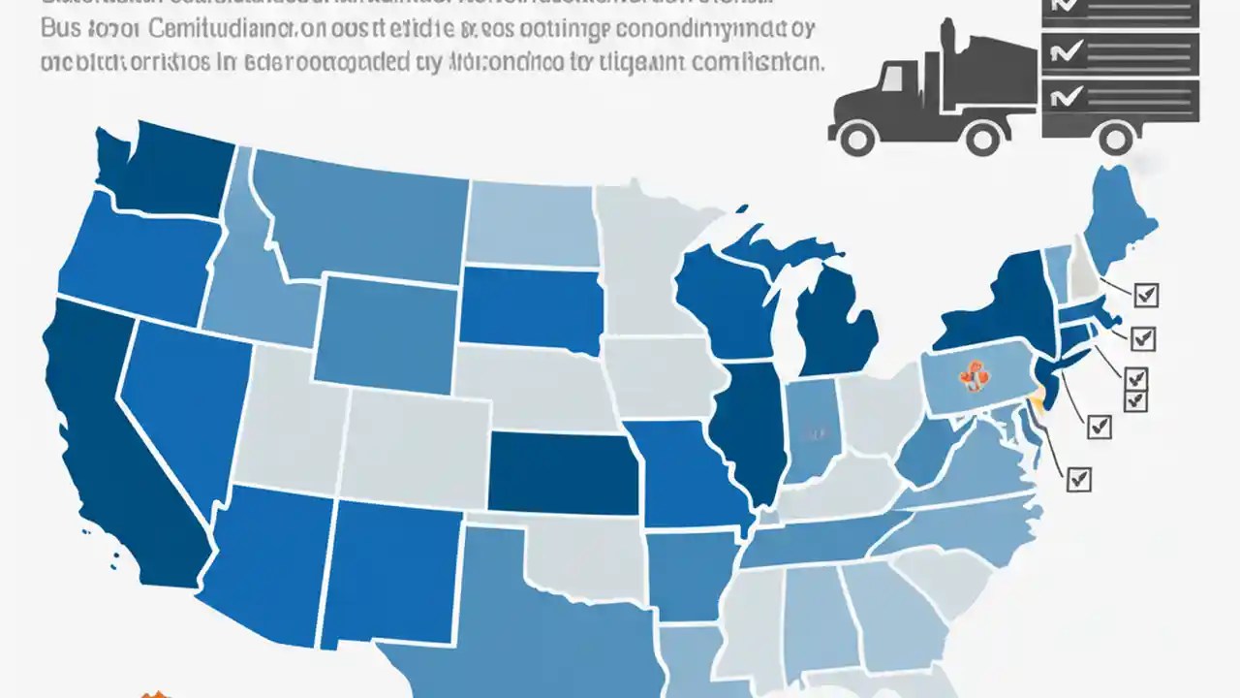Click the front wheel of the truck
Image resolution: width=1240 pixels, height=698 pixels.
pyautogui.click(x=857, y=136)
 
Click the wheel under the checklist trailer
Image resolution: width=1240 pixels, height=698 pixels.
pyautogui.click(x=1116, y=136)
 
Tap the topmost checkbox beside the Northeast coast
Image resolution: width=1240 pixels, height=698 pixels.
pyautogui.click(x=1145, y=295)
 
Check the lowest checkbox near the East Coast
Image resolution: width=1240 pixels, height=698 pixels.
pyautogui.click(x=1078, y=478)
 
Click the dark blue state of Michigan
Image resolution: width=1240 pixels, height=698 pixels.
pyautogui.click(x=835, y=330)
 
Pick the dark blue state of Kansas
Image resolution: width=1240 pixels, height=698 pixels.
pyautogui.click(x=562, y=472)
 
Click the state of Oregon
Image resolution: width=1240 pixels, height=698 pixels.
pyautogui.click(x=136, y=257)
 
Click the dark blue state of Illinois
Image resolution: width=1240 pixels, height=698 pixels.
pyautogui.click(x=751, y=427)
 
